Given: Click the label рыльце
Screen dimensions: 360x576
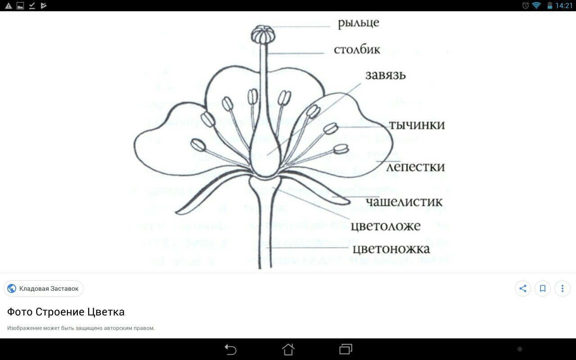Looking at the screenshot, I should pyautogui.click(x=358, y=22).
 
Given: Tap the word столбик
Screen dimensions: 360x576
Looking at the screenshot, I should pyautogui.click(x=357, y=49).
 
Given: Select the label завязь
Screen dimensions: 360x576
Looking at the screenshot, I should pyautogui.click(x=385, y=75).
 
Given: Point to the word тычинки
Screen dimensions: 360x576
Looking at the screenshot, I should pyautogui.click(x=417, y=125).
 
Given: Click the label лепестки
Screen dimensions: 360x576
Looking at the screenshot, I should pyautogui.click(x=416, y=167).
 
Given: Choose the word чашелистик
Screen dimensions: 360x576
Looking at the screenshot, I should pyautogui.click(x=404, y=202).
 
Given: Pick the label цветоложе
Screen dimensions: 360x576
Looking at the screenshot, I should pyautogui.click(x=386, y=225).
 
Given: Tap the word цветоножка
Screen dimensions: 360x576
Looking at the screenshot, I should pyautogui.click(x=391, y=248).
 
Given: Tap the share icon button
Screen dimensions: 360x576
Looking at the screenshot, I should pyautogui.click(x=523, y=288).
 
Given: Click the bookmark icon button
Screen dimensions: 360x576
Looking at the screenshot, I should pyautogui.click(x=543, y=288).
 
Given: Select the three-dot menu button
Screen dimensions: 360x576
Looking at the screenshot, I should pyautogui.click(x=562, y=288).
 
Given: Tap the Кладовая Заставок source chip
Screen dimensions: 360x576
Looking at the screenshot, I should pyautogui.click(x=44, y=288).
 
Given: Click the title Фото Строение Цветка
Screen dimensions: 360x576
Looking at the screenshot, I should pyautogui.click(x=66, y=312).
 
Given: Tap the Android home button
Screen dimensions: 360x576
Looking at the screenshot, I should pyautogui.click(x=288, y=349).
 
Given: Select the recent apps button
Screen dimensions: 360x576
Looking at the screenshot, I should pyautogui.click(x=346, y=349).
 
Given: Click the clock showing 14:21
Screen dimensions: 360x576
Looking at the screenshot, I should pyautogui.click(x=564, y=6).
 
